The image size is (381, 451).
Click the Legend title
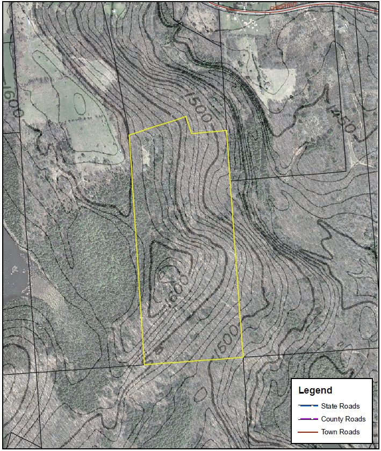[315, 390]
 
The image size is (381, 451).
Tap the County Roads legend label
[343, 419]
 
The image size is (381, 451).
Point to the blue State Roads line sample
[308, 406]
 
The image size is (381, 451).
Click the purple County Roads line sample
[308, 419]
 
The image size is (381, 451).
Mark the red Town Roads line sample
[308, 432]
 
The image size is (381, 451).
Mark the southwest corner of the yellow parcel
[145, 365]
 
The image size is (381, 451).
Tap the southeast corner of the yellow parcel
[243, 357]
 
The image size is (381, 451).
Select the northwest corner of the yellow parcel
[130, 135]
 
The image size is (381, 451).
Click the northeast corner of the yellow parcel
[226, 130]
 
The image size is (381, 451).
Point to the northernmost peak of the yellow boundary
[186, 117]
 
